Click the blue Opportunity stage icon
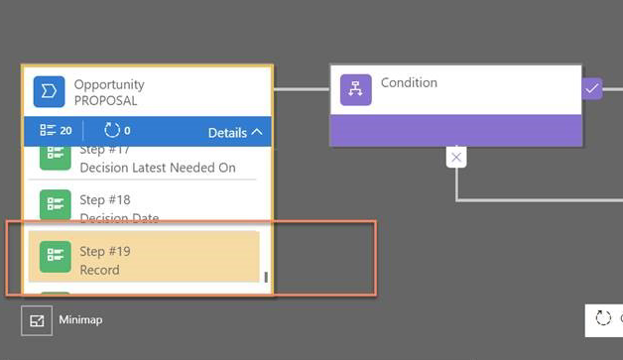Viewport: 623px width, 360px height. [x=50, y=92]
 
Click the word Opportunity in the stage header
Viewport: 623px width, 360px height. [x=109, y=85]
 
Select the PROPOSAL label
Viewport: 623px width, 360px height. [x=105, y=101]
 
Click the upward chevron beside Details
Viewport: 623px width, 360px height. [x=257, y=132]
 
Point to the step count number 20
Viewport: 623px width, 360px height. [x=65, y=131]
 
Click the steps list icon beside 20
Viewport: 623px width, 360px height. [x=47, y=131]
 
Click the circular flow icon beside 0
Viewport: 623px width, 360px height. [x=111, y=131]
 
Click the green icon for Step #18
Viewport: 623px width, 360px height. [x=55, y=206]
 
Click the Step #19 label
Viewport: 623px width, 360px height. [x=105, y=252]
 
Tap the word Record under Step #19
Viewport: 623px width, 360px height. [x=99, y=270]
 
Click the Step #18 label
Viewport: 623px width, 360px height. [x=105, y=200]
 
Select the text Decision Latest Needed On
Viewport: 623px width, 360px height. [x=158, y=168]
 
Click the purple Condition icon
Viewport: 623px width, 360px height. [x=355, y=90]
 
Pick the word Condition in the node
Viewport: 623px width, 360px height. [x=409, y=83]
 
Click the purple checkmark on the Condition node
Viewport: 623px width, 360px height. [x=592, y=89]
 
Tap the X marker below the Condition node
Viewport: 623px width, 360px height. [x=455, y=157]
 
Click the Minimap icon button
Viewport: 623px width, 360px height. [x=37, y=320]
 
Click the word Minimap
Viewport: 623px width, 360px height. [x=80, y=320]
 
